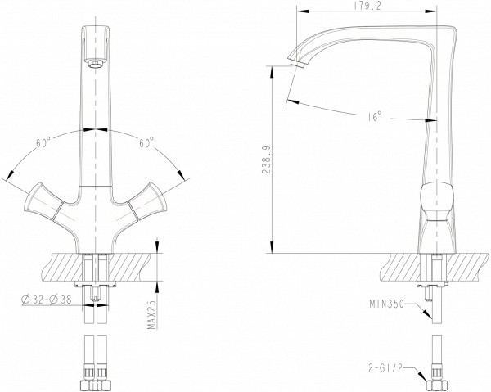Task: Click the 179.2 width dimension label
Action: [x=367, y=6]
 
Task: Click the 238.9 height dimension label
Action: [x=267, y=160]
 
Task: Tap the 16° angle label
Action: [x=375, y=116]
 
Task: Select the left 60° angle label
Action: [x=43, y=142]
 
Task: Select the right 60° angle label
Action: [x=146, y=142]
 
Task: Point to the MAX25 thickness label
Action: [x=152, y=315]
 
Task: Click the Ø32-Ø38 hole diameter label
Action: [x=47, y=300]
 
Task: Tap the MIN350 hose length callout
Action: [x=387, y=304]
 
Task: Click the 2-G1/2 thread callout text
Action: [x=385, y=368]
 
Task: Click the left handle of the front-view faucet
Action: [x=43, y=202]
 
